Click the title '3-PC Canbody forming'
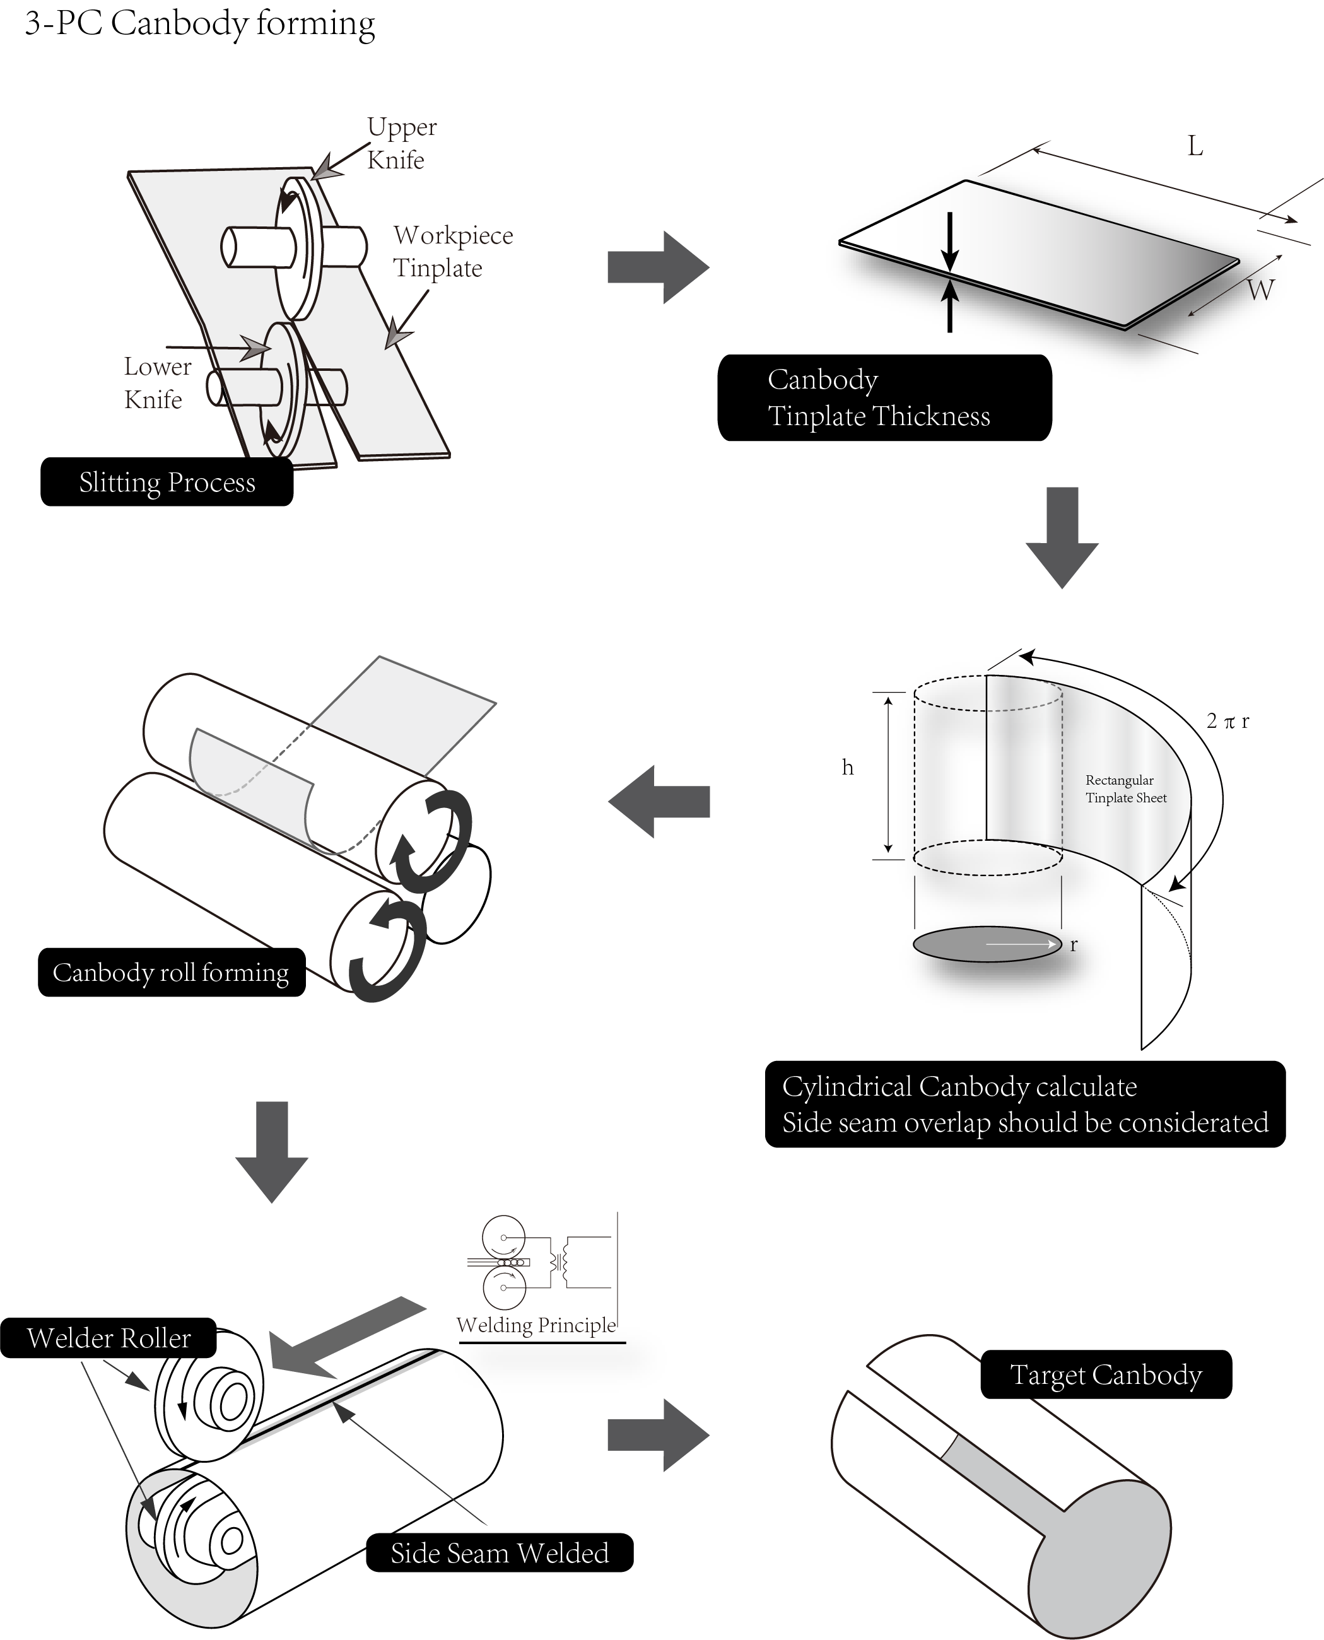point(200,23)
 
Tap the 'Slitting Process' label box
point(167,482)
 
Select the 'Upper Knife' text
point(401,143)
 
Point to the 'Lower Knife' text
point(157,383)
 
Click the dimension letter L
point(1195,146)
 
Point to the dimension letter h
point(847,768)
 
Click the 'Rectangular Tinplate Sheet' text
point(1126,788)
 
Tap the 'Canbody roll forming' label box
point(172,973)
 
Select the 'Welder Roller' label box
point(108,1338)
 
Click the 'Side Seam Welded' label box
point(500,1552)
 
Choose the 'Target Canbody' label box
point(1106,1374)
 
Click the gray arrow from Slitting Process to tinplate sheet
point(658,267)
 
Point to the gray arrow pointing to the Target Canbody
point(658,1435)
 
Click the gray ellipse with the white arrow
point(987,944)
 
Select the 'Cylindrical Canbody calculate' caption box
point(1025,1104)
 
